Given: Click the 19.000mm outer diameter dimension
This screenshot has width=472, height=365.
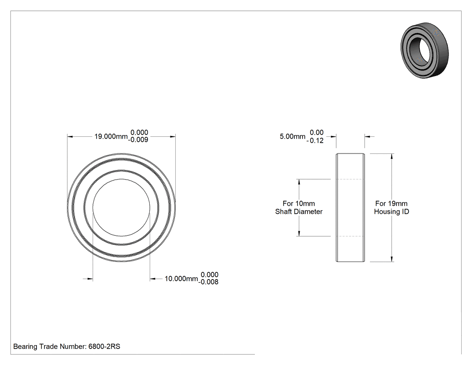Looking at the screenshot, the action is click(111, 136).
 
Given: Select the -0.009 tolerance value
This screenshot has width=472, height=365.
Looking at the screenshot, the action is click(138, 140).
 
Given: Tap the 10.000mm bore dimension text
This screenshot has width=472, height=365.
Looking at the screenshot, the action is click(181, 279).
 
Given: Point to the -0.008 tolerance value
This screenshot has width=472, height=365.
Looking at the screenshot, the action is click(208, 282).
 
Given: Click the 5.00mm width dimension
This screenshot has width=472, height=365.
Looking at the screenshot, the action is click(293, 136).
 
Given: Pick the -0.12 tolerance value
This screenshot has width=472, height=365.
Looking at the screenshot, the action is click(315, 140).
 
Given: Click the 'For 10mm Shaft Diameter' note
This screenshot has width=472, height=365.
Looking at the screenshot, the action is click(299, 207).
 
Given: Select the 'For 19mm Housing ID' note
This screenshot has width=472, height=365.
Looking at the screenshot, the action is click(392, 207).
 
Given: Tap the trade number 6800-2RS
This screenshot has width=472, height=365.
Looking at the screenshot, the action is click(104, 347).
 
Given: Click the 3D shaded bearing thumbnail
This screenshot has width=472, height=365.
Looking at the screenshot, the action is click(425, 50).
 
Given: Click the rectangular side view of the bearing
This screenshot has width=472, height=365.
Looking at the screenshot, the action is click(350, 207).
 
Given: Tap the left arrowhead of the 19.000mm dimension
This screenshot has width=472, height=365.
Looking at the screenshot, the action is click(70, 137).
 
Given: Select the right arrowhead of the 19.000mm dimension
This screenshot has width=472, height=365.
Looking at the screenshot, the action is click(173, 137).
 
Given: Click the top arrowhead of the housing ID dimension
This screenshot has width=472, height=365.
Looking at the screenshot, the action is click(392, 156).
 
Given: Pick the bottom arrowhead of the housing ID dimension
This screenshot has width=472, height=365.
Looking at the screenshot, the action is click(392, 259).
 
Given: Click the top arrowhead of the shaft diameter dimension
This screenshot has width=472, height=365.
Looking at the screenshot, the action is click(299, 182).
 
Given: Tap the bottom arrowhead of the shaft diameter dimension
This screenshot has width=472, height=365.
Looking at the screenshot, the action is click(299, 233).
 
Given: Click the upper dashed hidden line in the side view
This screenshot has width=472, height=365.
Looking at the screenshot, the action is click(350, 179).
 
